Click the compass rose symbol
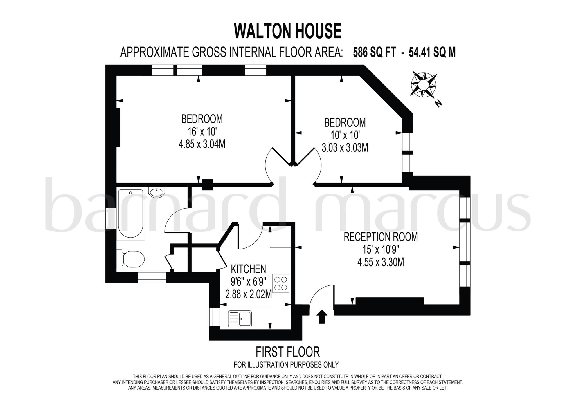pyautogui.click(x=424, y=84)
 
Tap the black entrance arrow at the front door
pyautogui.click(x=322, y=317)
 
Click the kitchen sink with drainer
pyautogui.click(x=240, y=319)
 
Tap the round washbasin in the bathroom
pyautogui.click(x=156, y=193)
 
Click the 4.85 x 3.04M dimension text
pyautogui.click(x=202, y=144)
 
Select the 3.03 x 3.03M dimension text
pyautogui.click(x=345, y=148)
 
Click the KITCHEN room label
pyautogui.click(x=248, y=269)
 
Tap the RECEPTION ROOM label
pyautogui.click(x=381, y=237)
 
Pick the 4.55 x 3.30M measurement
pyautogui.click(x=381, y=262)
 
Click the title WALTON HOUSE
pyautogui.click(x=288, y=31)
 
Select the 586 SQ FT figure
pyautogui.click(x=374, y=52)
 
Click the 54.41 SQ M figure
pyautogui.click(x=432, y=52)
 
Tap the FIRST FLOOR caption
pyautogui.click(x=288, y=352)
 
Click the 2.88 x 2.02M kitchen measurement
pyautogui.click(x=248, y=294)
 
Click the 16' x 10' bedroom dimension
pyautogui.click(x=202, y=132)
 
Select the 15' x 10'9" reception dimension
pyautogui.click(x=381, y=250)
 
